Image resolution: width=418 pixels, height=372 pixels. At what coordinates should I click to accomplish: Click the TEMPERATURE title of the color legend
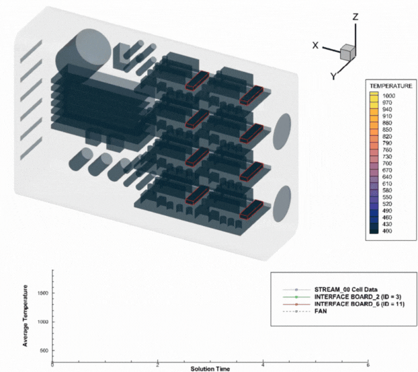point(391,86)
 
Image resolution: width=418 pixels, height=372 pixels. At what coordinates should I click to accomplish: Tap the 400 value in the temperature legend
point(387,231)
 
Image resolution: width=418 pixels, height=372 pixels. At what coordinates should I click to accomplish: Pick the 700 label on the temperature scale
point(387,163)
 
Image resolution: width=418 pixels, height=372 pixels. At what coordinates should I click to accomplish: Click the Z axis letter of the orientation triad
point(355,17)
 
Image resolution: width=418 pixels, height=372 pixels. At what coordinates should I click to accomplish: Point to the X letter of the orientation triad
point(315,45)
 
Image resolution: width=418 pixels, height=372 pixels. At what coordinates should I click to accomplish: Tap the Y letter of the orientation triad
point(333,76)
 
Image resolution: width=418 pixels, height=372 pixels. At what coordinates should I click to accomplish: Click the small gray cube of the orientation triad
point(347,52)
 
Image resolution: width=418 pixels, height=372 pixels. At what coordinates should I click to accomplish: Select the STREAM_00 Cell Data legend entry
point(345,289)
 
